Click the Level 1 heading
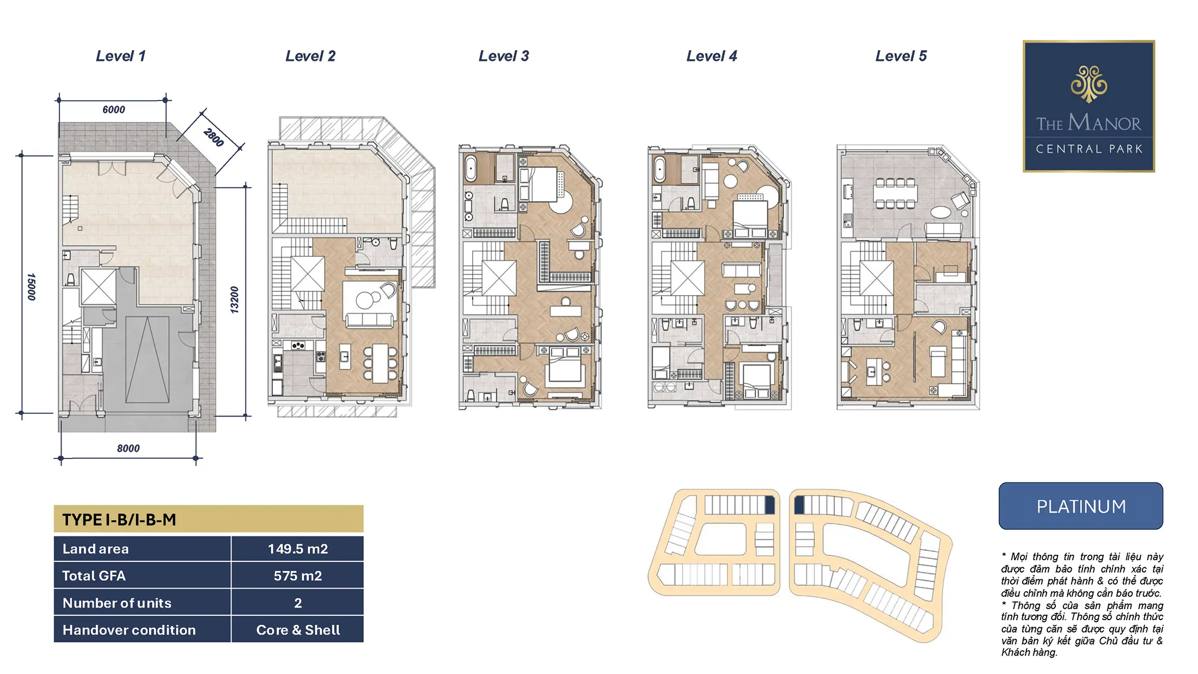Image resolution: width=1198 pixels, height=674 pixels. click(121, 56)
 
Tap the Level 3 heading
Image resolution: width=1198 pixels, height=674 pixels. click(504, 56)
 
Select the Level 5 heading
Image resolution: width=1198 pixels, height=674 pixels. click(901, 56)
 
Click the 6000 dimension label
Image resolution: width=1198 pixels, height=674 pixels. click(114, 109)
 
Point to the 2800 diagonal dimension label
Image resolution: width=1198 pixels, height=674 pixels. click(214, 137)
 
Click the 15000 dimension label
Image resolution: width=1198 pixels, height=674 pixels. click(32, 286)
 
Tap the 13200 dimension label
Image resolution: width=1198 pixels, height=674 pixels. click(234, 299)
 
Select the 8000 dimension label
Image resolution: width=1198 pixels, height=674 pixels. click(129, 448)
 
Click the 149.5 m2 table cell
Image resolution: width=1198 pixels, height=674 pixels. click(297, 549)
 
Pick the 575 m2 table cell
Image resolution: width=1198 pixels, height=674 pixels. click(297, 575)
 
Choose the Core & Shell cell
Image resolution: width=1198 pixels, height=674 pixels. click(297, 630)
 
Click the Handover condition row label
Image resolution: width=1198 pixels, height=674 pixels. click(129, 630)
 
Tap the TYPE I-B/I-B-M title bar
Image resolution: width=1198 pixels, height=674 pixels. click(209, 519)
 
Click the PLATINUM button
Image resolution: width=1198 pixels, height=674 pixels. click(1081, 506)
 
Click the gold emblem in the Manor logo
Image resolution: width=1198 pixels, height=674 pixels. click(1089, 84)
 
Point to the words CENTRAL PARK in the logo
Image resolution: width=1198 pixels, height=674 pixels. click(1089, 149)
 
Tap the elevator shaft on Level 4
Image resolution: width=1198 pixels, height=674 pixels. click(688, 278)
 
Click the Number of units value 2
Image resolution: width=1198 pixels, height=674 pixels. click(298, 603)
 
